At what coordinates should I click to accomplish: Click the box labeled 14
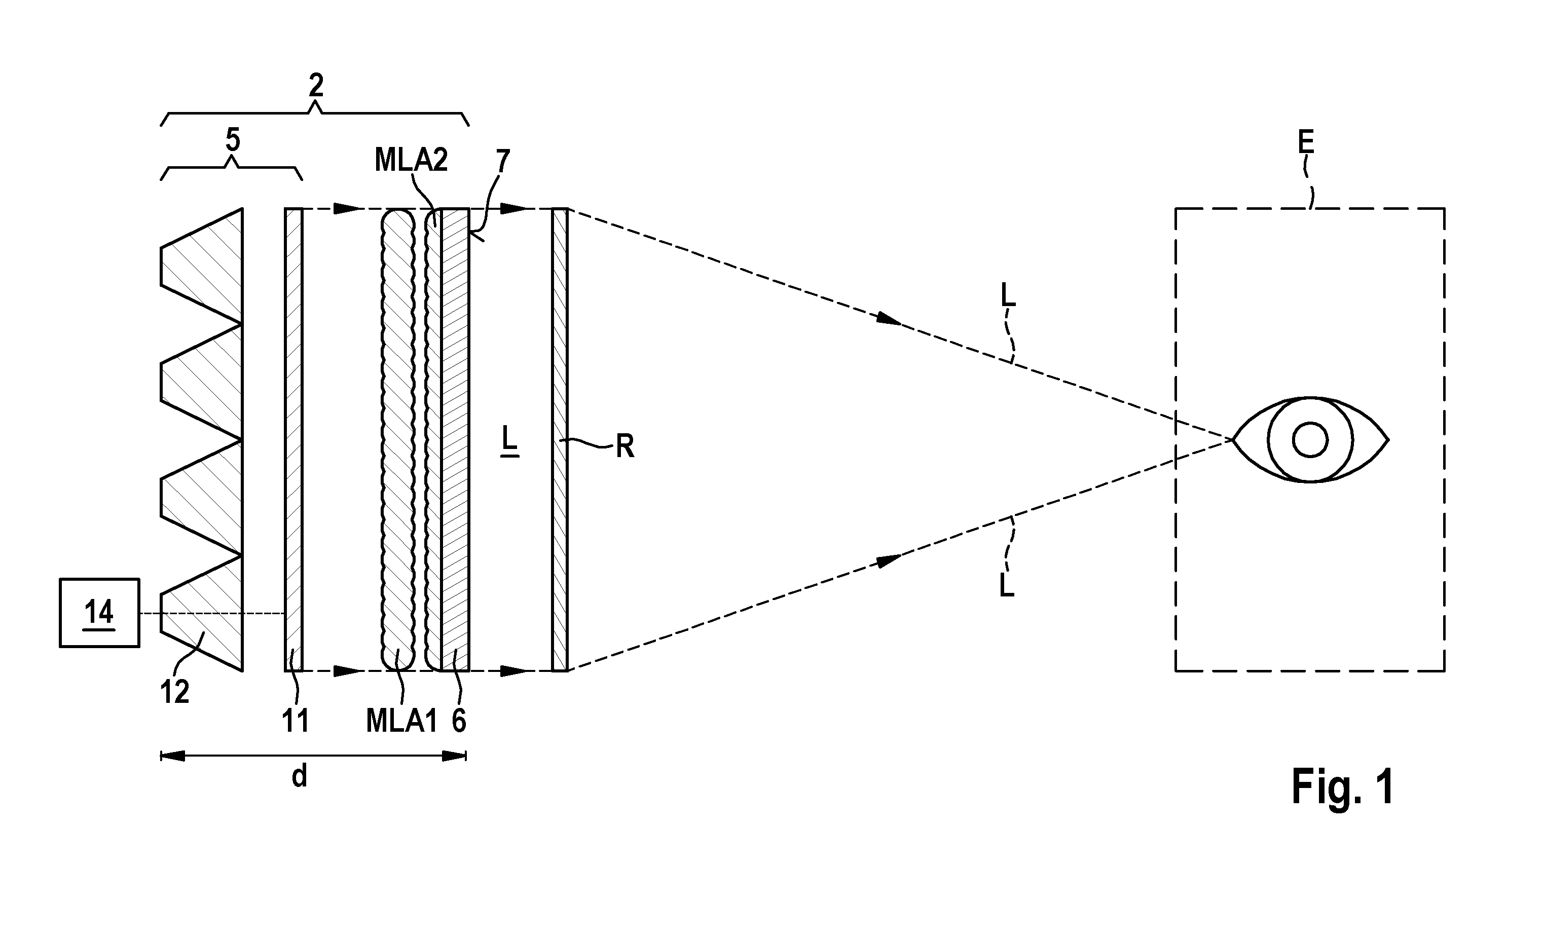coord(100,612)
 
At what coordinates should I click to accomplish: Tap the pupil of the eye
coord(1310,440)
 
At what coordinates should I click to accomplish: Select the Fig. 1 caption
coord(1343,787)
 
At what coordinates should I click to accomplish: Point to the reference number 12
coord(174,692)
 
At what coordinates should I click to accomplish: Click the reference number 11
coord(295,721)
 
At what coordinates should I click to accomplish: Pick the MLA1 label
coord(401,721)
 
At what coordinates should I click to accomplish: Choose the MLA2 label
coord(411,160)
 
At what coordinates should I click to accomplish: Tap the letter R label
coord(624,446)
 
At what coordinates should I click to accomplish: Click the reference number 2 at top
coord(316,85)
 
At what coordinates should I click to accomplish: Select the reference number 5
coord(233,140)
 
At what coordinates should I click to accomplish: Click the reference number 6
coord(459,721)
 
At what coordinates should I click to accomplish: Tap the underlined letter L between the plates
coord(509,440)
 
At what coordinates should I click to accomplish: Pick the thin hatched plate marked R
coord(560,440)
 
